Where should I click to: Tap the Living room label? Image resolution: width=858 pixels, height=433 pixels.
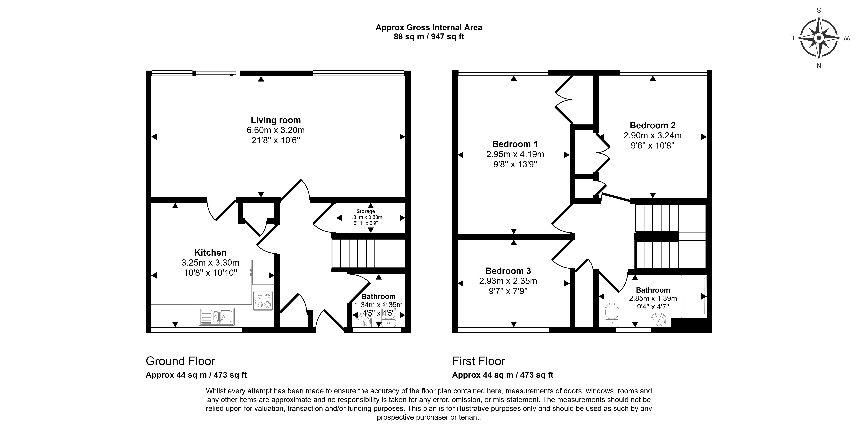(x=276, y=120)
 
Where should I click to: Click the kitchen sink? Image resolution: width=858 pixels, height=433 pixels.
(x=217, y=316)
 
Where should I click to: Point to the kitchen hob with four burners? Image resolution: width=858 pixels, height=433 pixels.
(x=263, y=301)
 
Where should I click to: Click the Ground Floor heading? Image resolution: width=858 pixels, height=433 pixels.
(x=181, y=361)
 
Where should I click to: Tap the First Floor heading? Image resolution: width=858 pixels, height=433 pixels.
(x=479, y=361)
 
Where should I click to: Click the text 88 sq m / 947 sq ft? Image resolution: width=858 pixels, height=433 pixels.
(x=429, y=37)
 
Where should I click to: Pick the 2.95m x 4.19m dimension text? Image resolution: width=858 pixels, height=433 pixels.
(x=515, y=154)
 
